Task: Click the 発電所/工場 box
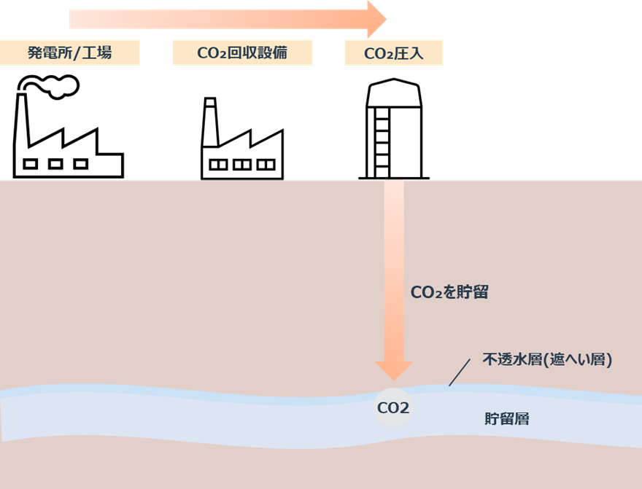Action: pyautogui.click(x=69, y=53)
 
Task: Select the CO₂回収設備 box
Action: pyautogui.click(x=242, y=53)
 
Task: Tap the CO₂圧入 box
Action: pyautogui.click(x=393, y=53)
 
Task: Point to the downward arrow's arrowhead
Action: pyautogui.click(x=393, y=370)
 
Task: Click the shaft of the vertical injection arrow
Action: pyautogui.click(x=393, y=240)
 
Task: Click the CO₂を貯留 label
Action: pyautogui.click(x=449, y=293)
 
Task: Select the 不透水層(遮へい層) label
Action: pyautogui.click(x=547, y=359)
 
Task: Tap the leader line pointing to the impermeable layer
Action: pyautogui.click(x=460, y=372)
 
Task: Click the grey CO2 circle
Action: pyautogui.click(x=393, y=408)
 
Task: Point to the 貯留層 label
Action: pyautogui.click(x=507, y=419)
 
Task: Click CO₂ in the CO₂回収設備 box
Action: pyautogui.click(x=212, y=53)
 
